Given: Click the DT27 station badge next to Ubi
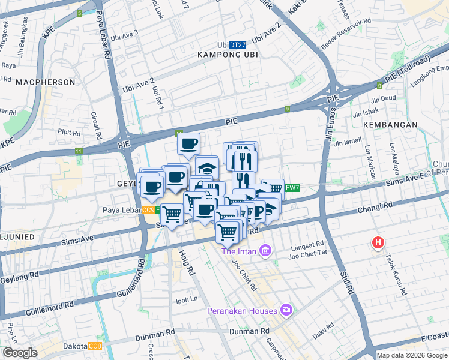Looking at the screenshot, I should pos(238,45).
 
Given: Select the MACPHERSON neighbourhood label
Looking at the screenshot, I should pos(46,82).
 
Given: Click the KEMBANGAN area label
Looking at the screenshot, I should pos(390,124).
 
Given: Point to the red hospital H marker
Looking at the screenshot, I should pos(378,243).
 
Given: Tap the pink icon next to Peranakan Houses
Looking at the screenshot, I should pos(286,310).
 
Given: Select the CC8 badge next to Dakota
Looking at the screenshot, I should pos(95,346).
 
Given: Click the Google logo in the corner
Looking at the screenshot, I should pos(20,353).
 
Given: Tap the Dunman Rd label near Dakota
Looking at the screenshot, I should pos(155,331).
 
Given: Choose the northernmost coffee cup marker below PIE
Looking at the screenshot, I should pos(188,144).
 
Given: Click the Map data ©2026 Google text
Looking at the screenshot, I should pos(411,355).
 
